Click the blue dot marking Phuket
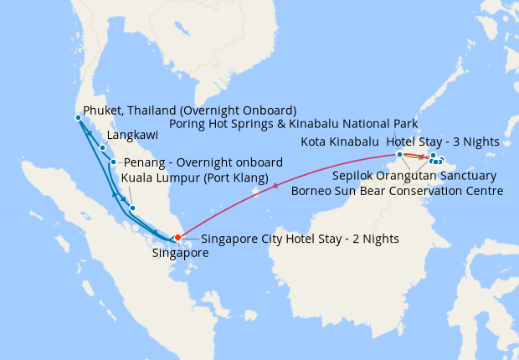[77, 116]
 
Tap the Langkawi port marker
[102, 148]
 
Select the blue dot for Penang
[113, 162]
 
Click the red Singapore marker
[177, 237]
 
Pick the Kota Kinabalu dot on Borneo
[399, 154]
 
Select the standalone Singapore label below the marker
[181, 252]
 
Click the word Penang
[145, 162]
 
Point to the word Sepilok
[354, 176]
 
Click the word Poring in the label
[190, 124]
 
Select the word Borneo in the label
[312, 191]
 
